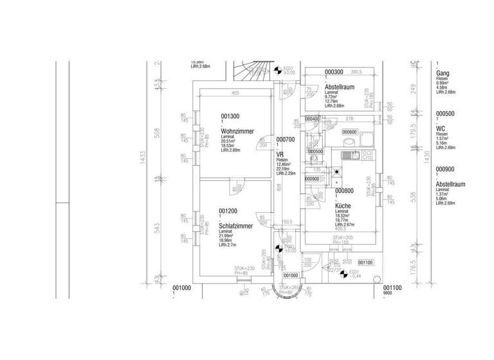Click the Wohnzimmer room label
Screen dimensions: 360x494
235,131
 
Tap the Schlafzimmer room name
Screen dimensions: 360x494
235,226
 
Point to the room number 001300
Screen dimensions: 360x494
230,116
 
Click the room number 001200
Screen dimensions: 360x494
229,211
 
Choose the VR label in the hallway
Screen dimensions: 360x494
280,155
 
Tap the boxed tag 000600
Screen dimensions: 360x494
349,132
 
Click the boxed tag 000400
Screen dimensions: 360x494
313,119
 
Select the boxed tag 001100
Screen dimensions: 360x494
365,262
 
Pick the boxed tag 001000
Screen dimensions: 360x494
290,274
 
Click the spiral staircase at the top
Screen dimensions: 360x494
251,73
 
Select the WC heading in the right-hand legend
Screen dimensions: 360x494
441,129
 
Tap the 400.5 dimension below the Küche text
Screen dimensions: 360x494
342,228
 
